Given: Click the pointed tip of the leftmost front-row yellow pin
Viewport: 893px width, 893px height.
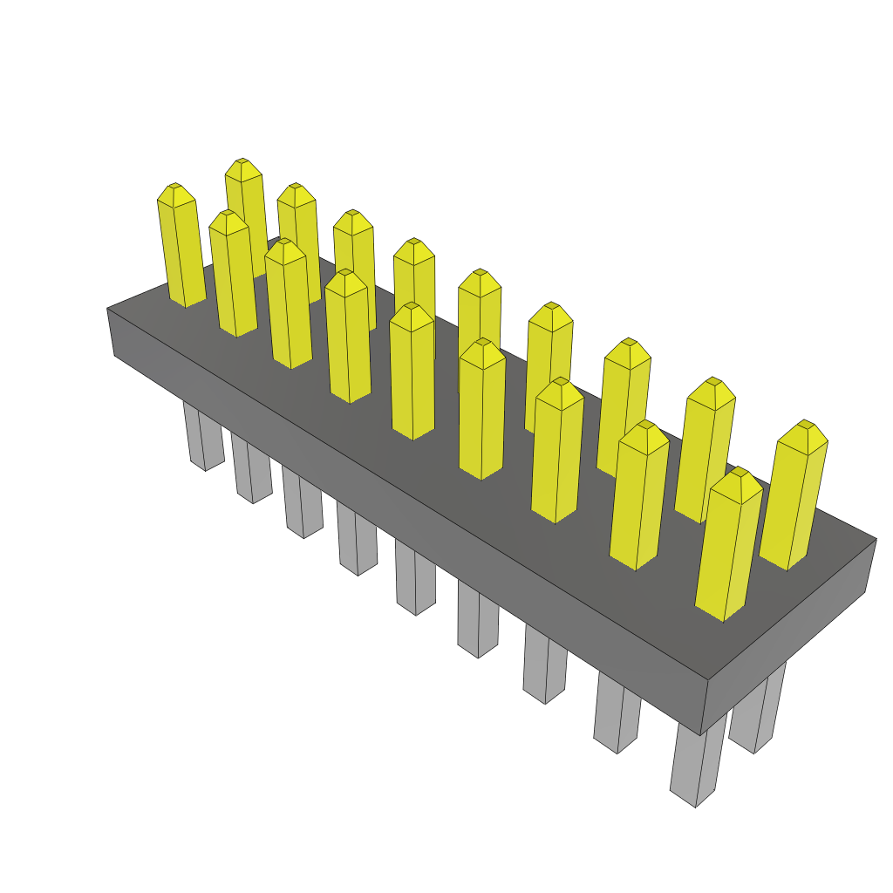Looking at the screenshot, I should (174, 186).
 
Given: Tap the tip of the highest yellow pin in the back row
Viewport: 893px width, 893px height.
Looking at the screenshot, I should (242, 161).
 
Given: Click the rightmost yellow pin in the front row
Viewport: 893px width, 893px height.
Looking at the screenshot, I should (729, 549).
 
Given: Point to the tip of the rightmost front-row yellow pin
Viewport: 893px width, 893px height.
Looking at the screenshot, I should (740, 471).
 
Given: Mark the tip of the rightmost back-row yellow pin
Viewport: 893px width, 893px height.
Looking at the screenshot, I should (810, 424).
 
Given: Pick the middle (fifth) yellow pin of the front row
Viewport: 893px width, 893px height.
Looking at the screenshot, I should (412, 375).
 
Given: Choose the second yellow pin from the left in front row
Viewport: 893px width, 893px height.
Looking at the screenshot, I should (233, 275).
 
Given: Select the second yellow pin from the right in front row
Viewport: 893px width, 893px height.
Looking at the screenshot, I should (639, 497).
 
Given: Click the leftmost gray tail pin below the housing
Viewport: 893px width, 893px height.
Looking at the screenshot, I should (201, 436).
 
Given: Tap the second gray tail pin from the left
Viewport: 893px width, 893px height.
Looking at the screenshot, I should (251, 471).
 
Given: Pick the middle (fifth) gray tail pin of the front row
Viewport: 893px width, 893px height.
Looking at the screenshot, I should (414, 580).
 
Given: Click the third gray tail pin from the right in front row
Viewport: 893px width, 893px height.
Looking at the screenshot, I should (546, 667).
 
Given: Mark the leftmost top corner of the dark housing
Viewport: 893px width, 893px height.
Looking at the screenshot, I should (107, 308).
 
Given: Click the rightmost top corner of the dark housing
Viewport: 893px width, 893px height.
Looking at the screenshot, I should (876, 538).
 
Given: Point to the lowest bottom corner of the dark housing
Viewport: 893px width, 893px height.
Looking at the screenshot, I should (701, 735).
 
